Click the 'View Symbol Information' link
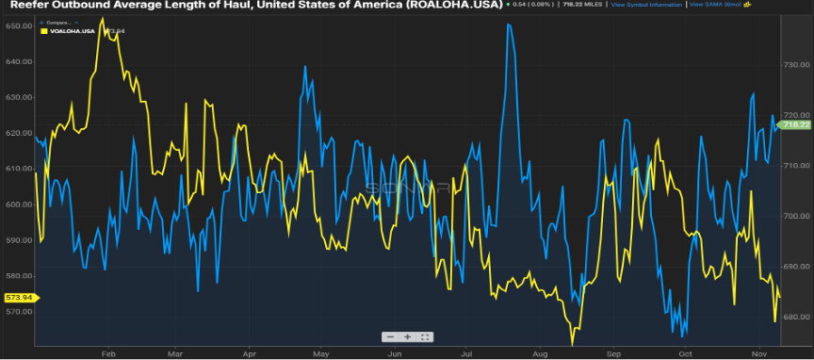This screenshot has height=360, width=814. [x=645, y=5]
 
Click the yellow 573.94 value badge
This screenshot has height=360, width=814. [x=18, y=297]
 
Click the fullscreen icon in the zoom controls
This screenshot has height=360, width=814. [x=426, y=336]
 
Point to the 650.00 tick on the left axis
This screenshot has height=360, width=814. [x=18, y=26]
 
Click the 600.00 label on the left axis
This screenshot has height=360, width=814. [x=18, y=205]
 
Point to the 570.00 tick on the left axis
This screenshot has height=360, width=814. [x=18, y=311]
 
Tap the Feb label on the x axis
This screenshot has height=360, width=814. [x=107, y=353]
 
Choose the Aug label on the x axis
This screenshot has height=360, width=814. [x=540, y=353]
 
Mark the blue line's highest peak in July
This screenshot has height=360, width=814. [x=509, y=25]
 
